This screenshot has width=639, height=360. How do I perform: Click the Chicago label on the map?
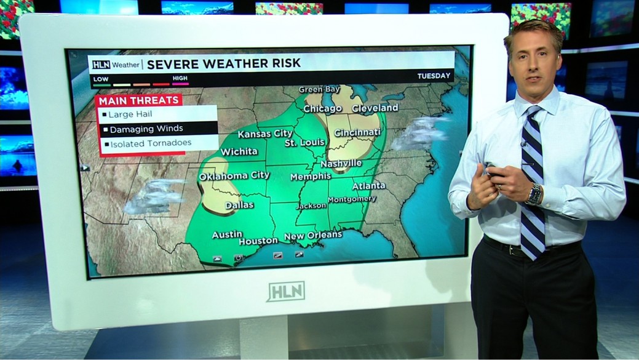(322, 109)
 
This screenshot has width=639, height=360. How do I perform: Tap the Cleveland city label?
(375, 108)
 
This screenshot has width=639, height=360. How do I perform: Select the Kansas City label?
(265, 134)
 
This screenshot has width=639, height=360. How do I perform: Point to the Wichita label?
(239, 151)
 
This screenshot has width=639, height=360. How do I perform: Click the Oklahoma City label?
(234, 175)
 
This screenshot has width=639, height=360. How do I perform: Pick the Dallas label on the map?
(239, 205)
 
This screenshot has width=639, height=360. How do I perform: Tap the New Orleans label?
(312, 235)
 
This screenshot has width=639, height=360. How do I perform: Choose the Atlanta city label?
(368, 186)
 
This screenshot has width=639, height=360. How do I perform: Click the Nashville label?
(341, 164)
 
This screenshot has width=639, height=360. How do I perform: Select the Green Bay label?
(319, 90)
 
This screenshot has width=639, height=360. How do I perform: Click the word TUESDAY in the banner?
(434, 76)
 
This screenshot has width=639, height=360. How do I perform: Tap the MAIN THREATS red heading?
(139, 100)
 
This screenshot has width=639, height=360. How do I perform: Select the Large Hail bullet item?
(130, 114)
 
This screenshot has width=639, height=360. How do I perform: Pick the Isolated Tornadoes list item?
(151, 143)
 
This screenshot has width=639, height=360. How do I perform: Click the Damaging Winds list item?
(146, 129)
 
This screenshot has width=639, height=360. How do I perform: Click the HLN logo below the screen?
(286, 291)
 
